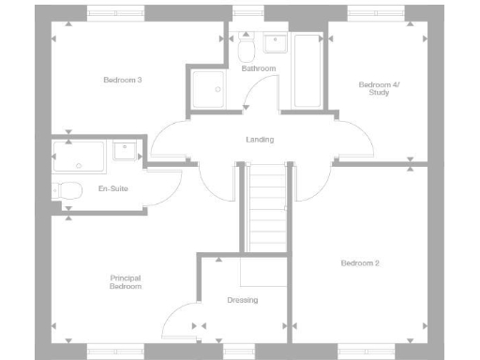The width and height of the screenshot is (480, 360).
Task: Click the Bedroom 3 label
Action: click(122, 80)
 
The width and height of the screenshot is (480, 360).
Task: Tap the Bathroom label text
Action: click(258, 69)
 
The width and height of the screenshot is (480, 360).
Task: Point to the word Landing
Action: click(260, 140)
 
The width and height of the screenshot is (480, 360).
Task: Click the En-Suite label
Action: click(112, 188)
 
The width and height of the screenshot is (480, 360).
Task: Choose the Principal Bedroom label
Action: click(125, 282)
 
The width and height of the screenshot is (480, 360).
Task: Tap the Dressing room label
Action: click(242, 300)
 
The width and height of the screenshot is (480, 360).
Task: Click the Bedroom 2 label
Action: click(360, 263)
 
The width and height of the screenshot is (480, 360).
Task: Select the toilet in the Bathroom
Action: click(247, 48)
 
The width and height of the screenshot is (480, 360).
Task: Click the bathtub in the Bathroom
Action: click(307, 71)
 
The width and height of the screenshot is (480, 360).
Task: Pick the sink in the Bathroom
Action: click(275, 42)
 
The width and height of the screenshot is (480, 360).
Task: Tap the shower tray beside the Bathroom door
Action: click(207, 90)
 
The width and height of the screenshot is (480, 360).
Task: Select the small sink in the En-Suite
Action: click(125, 150)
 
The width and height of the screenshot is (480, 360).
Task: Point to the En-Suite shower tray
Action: click(81, 157)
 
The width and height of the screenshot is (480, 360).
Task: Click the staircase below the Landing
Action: click(266, 206)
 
